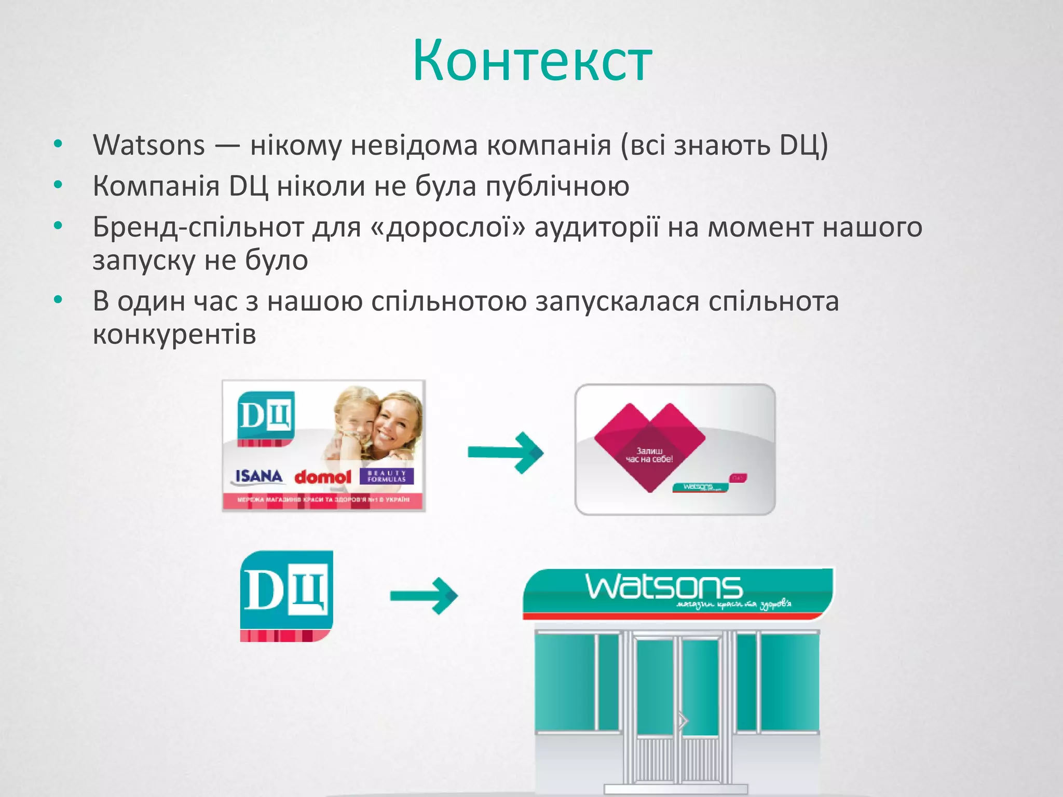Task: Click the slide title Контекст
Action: click(x=531, y=61)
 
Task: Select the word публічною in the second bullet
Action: click(x=557, y=186)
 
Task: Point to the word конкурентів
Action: click(x=174, y=335)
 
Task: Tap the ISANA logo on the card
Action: click(x=258, y=476)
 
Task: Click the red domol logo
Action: click(x=322, y=477)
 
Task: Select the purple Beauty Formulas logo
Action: click(x=386, y=476)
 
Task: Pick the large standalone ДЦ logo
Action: click(x=287, y=595)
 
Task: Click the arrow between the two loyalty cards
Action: click(x=505, y=452)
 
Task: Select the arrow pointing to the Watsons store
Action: click(x=424, y=596)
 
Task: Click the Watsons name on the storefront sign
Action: click(x=664, y=588)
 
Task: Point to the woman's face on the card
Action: click(x=395, y=423)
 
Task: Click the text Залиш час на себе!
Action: click(x=649, y=455)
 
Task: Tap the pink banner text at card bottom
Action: click(x=323, y=500)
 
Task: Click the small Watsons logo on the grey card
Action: click(x=698, y=487)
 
